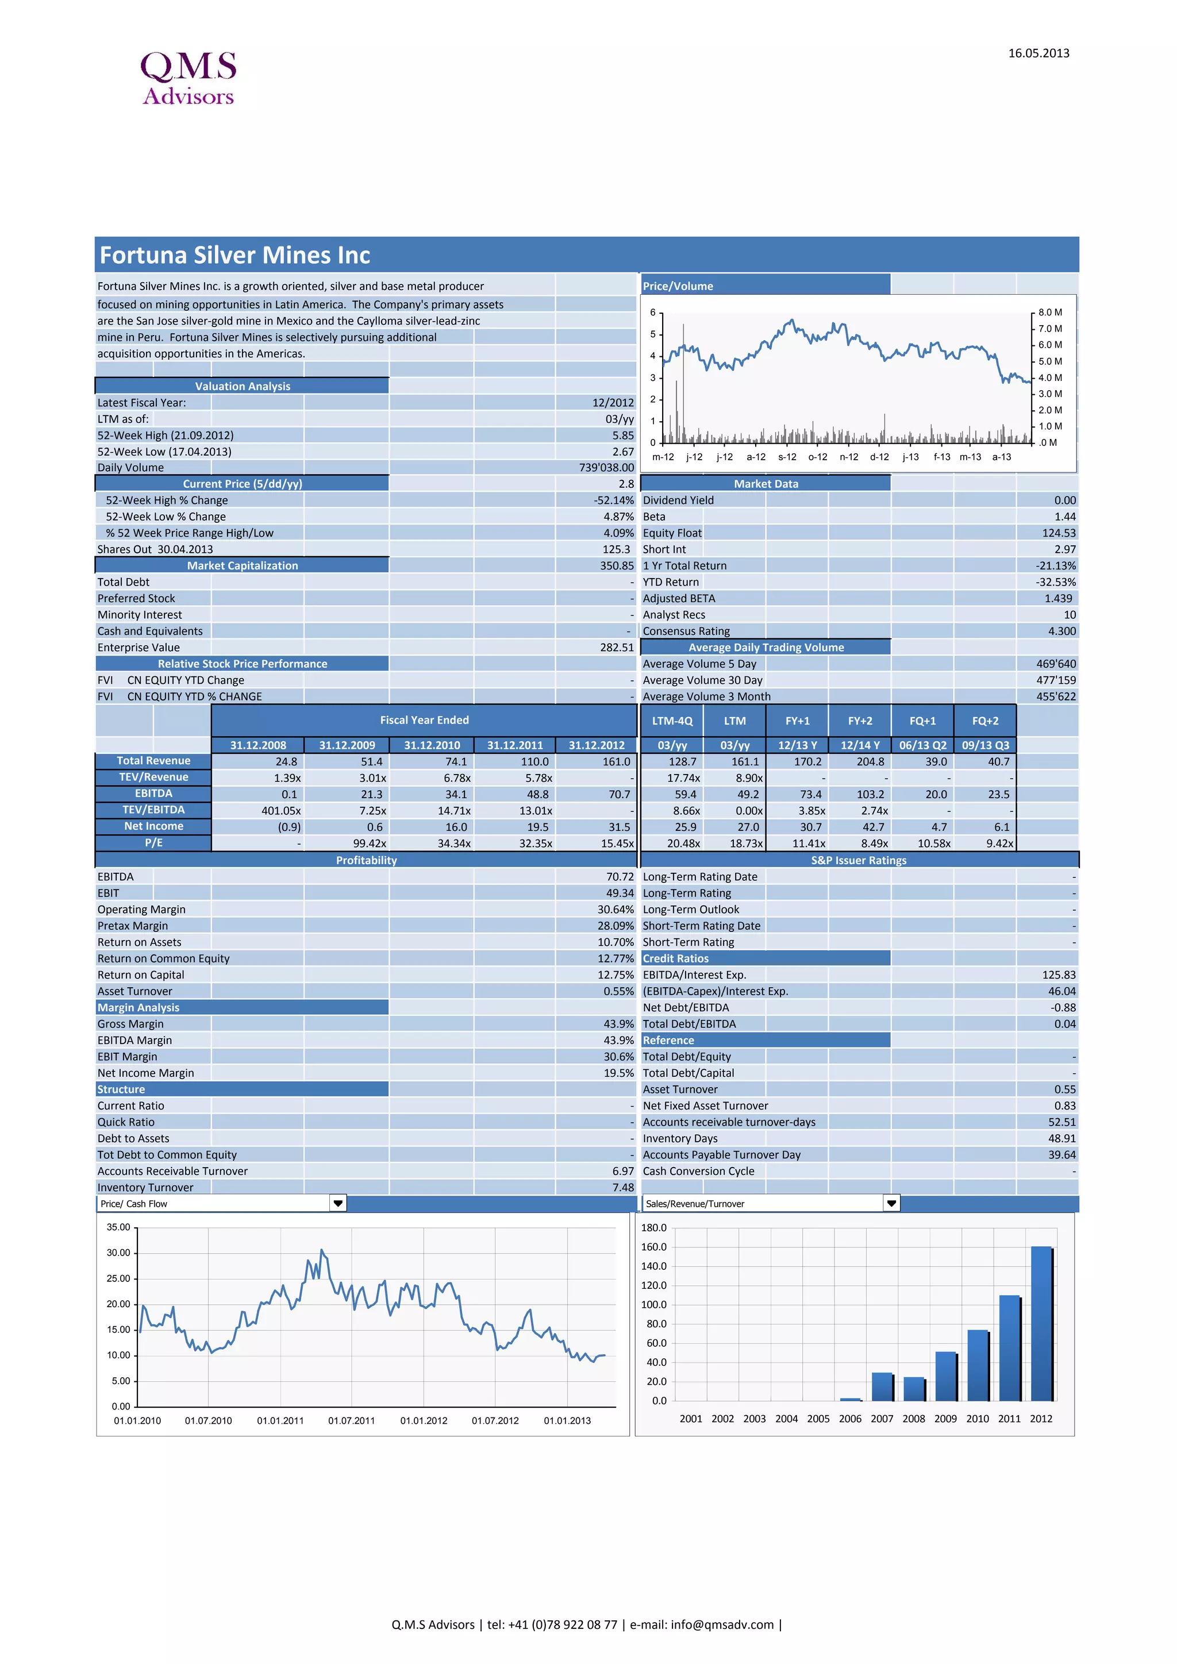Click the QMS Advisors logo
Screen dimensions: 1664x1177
point(189,78)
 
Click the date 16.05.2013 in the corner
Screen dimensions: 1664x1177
point(1038,53)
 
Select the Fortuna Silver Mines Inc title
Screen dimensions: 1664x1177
point(235,255)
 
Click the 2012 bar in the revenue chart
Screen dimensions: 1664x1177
point(1041,1324)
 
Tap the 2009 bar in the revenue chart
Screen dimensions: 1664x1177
point(946,1376)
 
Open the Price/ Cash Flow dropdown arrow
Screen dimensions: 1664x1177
point(338,1204)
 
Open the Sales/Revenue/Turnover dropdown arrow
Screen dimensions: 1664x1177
point(891,1204)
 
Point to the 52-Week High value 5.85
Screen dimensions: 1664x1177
point(622,436)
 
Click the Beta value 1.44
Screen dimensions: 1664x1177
point(1065,517)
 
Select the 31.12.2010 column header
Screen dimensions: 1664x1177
point(432,745)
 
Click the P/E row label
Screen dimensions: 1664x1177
point(153,843)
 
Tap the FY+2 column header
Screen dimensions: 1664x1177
point(860,721)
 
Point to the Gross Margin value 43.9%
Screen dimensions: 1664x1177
point(618,1024)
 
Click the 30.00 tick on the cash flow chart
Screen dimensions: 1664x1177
point(118,1253)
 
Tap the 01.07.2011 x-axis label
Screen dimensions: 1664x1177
point(352,1421)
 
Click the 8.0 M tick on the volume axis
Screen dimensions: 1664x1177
point(1049,313)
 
